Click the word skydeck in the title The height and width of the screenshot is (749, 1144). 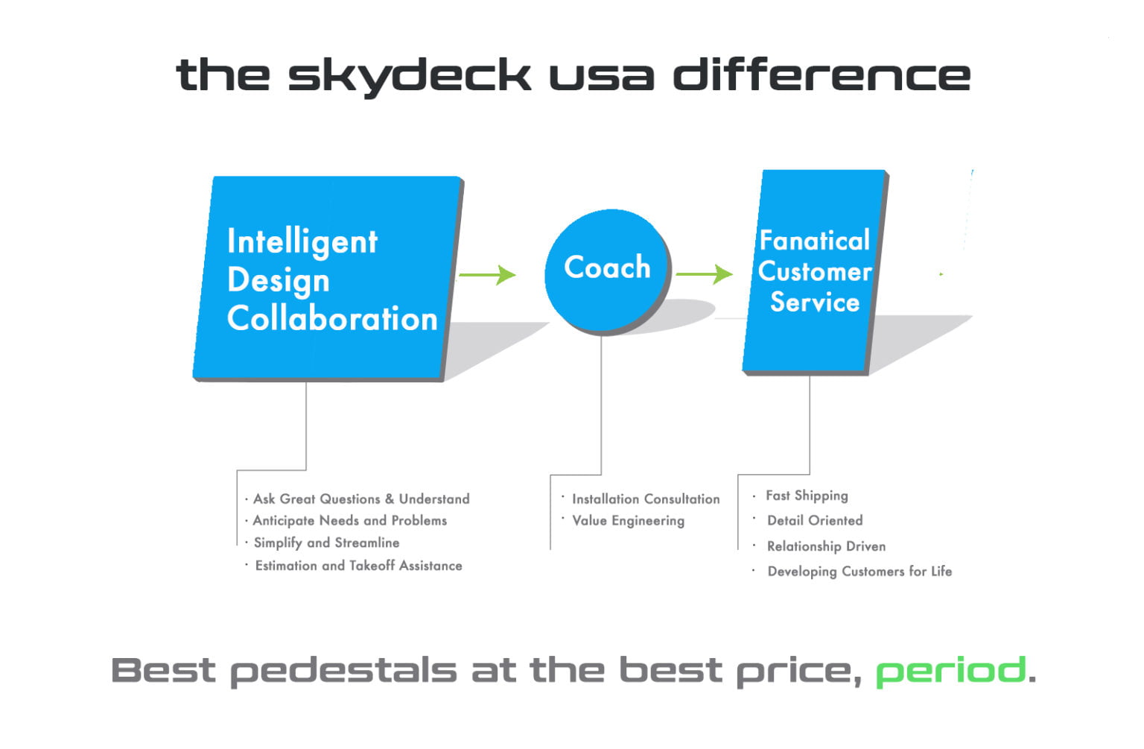[x=409, y=76]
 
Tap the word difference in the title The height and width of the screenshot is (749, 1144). [x=822, y=75]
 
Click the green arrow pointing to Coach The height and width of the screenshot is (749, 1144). [x=487, y=275]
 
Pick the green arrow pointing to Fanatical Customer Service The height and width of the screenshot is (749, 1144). [x=704, y=274]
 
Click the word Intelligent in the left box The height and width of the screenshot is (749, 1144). [x=302, y=241]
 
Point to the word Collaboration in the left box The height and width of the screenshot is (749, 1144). [x=332, y=319]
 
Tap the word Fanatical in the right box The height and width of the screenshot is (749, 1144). [x=814, y=241]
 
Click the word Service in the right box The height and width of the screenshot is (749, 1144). [x=815, y=303]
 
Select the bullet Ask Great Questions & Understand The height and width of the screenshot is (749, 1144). [x=361, y=499]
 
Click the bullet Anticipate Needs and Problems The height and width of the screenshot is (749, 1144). [x=349, y=521]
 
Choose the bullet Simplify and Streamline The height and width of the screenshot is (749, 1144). [x=326, y=543]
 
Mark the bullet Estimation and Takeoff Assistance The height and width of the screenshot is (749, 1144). [x=358, y=566]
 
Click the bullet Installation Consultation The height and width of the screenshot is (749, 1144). [x=646, y=499]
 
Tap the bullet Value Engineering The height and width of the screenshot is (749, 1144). [x=628, y=521]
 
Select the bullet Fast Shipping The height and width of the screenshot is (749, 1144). [x=807, y=496]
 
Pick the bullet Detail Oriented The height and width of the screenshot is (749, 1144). [x=815, y=521]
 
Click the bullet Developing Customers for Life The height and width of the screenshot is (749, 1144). [x=859, y=572]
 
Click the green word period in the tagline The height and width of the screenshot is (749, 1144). [x=950, y=671]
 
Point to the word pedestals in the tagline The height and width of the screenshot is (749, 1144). [x=343, y=671]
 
